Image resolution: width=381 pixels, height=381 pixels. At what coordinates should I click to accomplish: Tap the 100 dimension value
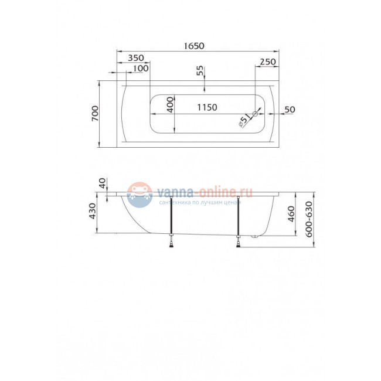(141, 69)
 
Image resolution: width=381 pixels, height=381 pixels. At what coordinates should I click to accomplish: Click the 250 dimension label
(267, 62)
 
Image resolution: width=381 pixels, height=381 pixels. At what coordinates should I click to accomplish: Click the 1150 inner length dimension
(206, 107)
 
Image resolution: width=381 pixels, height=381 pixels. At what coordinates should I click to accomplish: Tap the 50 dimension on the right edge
(290, 110)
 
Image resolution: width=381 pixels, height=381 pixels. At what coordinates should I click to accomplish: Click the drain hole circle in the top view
(255, 113)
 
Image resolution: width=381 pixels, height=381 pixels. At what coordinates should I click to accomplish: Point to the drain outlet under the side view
(255, 237)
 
